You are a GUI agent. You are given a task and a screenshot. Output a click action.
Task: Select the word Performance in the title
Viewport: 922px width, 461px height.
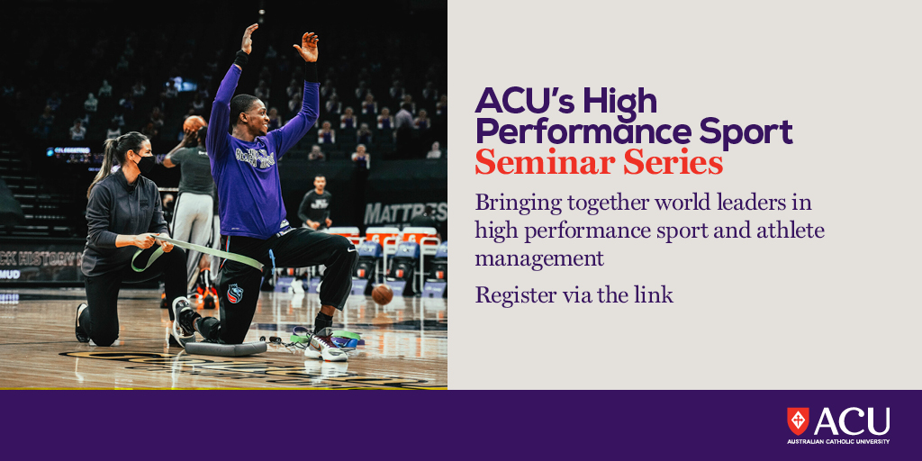coord(579,131)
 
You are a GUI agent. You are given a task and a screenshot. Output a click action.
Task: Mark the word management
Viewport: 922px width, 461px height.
coord(539,259)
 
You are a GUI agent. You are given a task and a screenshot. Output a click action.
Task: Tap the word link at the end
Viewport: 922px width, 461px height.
coord(655,294)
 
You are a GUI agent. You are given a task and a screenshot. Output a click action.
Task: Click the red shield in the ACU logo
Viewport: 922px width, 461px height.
coord(798,420)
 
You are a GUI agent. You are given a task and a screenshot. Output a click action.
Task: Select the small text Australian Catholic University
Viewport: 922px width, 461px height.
coord(837,441)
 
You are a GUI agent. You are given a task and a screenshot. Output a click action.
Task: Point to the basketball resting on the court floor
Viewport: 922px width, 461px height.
coord(382,294)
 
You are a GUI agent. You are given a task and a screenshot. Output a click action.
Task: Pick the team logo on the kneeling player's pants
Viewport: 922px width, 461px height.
coord(234,294)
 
